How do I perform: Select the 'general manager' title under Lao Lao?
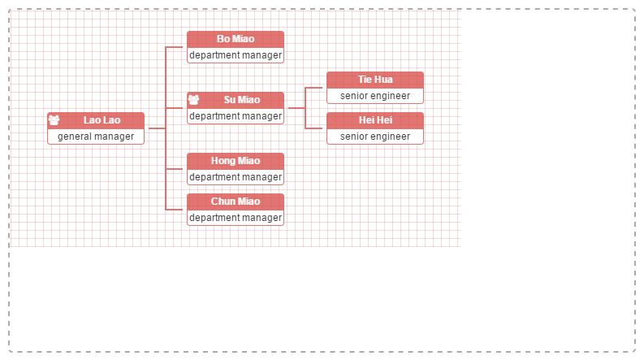point(96,137)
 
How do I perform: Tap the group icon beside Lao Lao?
point(54,120)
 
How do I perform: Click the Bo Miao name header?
point(235,39)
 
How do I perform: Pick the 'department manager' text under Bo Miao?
point(236,55)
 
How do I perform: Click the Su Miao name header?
point(242,100)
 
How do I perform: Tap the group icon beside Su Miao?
point(193,100)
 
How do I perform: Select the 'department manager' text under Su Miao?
point(236,116)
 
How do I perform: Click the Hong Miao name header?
point(235,161)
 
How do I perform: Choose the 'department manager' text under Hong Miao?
point(236,177)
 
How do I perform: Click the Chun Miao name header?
point(235,202)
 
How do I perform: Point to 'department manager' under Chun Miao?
point(236,218)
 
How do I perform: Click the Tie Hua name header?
point(374,80)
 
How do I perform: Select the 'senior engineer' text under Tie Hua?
point(375,96)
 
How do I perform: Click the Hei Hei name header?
point(374,120)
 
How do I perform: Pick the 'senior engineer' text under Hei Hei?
point(375,137)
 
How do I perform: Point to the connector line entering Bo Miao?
point(176,47)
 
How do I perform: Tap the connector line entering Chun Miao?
point(176,210)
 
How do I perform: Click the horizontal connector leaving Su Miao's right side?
point(296,108)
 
